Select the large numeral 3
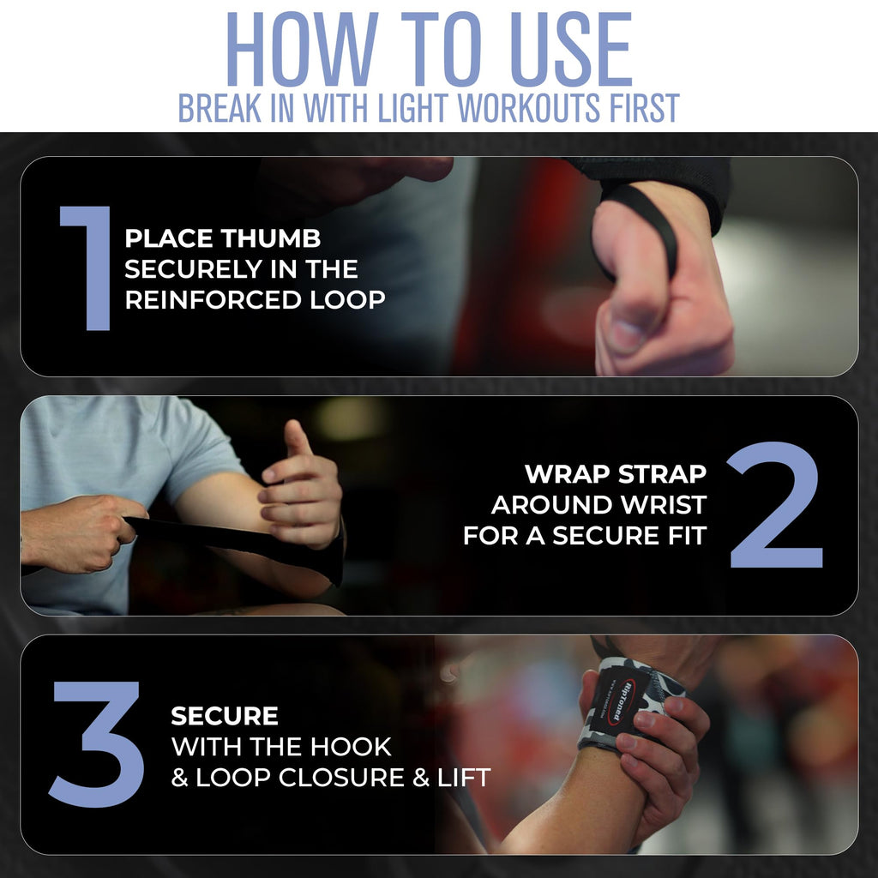click(x=95, y=743)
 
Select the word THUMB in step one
click(x=272, y=238)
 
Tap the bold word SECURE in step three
click(x=225, y=716)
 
